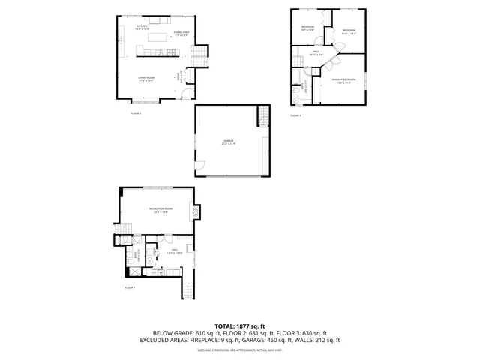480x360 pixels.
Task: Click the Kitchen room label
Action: [x=142, y=27]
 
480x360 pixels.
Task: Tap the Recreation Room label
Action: [x=157, y=209]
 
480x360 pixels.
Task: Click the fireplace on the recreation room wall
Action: [x=196, y=213]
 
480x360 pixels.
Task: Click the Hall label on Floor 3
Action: [x=316, y=52]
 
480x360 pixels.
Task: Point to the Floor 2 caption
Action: [x=136, y=113]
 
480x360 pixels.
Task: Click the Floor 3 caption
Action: [x=295, y=115]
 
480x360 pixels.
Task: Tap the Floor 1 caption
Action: [x=130, y=287]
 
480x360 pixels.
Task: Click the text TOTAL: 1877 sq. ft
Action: [x=240, y=325]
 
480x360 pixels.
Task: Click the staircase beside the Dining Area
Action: [x=198, y=56]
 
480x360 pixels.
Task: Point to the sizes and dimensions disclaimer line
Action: [x=240, y=349]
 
